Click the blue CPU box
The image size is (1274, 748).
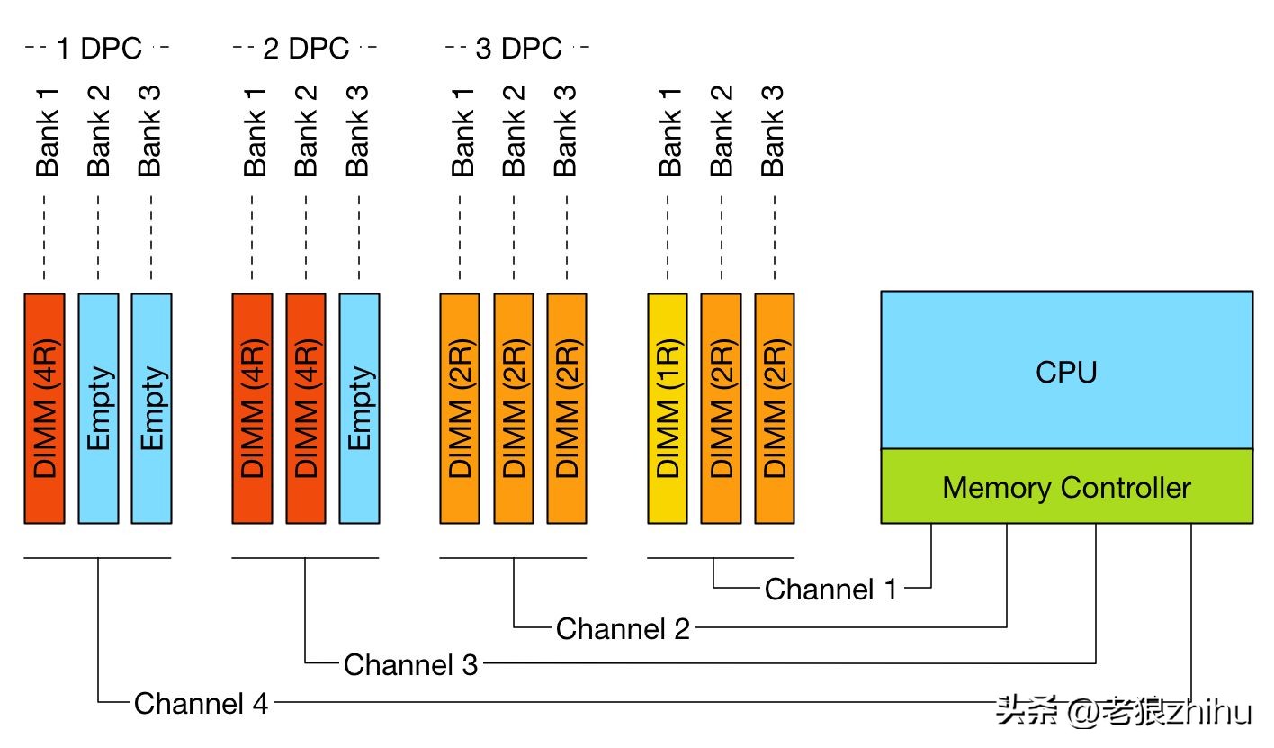click(x=1066, y=370)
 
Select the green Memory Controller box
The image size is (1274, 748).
click(x=1066, y=487)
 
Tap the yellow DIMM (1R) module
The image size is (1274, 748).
click(x=668, y=408)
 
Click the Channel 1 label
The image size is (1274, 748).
click(x=830, y=590)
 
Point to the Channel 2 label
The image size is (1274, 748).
click(x=623, y=628)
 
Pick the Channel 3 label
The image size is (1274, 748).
click(x=410, y=665)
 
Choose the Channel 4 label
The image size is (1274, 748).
click(x=201, y=703)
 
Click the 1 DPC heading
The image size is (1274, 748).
click(x=98, y=49)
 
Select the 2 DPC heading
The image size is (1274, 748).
click(x=305, y=49)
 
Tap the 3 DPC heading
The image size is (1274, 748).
click(x=517, y=49)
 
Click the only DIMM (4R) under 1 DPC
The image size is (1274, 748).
click(x=44, y=408)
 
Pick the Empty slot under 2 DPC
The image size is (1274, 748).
click(x=359, y=408)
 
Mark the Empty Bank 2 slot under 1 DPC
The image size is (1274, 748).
click(x=98, y=408)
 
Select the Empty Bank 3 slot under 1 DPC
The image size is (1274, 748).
click(x=151, y=408)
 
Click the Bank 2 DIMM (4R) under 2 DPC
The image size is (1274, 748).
click(x=306, y=408)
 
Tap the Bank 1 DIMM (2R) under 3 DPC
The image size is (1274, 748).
click(x=460, y=408)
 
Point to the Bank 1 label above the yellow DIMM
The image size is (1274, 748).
click(x=669, y=131)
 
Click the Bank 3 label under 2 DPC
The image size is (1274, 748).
click(x=357, y=131)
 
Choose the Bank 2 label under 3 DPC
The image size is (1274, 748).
click(x=513, y=131)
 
